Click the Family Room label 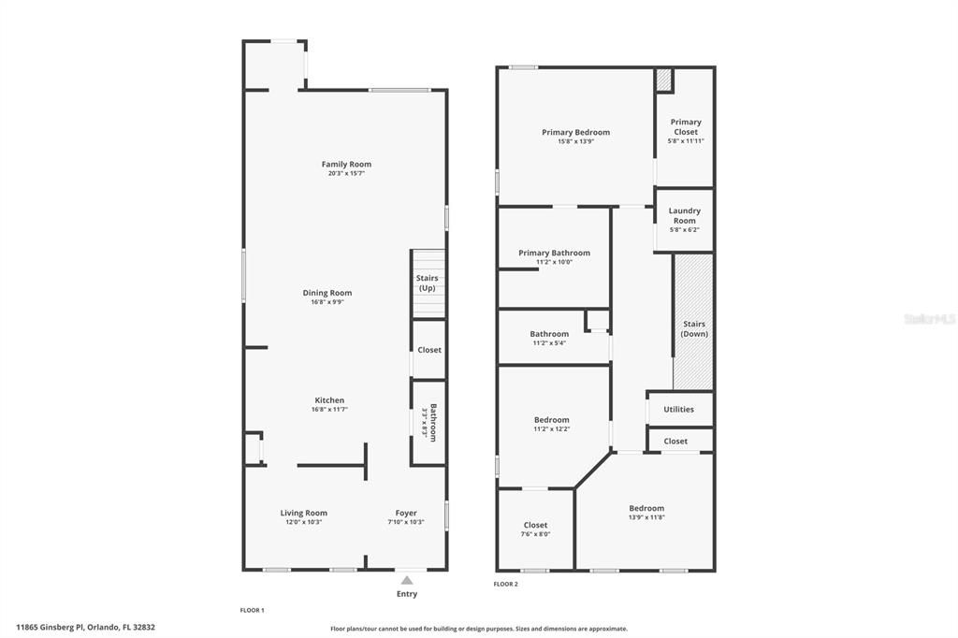(x=346, y=164)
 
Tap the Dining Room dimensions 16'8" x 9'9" (x=327, y=302)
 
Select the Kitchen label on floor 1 (x=329, y=400)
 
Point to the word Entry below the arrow (x=407, y=594)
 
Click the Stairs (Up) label (x=427, y=283)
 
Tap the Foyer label (x=406, y=513)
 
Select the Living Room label (x=304, y=513)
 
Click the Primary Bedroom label (x=575, y=132)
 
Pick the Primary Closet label (x=685, y=127)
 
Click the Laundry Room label (x=685, y=216)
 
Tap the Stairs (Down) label (x=693, y=328)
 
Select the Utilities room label (x=678, y=410)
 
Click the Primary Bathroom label (x=554, y=253)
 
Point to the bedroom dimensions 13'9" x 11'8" (x=646, y=517)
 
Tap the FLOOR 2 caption (x=505, y=584)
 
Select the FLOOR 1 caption (x=253, y=610)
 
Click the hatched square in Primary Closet (x=663, y=80)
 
